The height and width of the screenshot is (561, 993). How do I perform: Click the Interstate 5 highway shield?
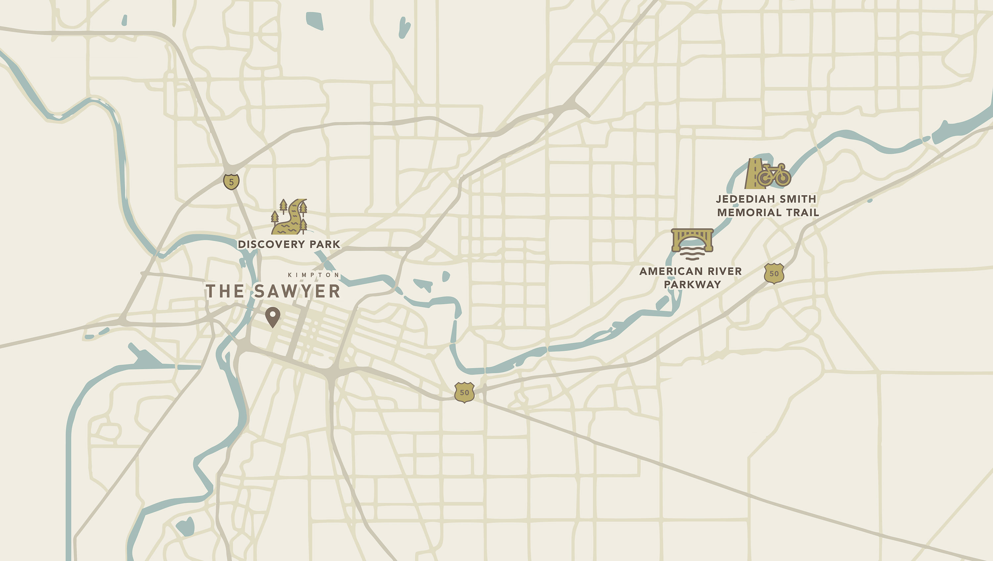[231, 181]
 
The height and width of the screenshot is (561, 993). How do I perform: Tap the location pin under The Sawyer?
[272, 317]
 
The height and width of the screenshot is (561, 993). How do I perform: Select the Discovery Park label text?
[289, 244]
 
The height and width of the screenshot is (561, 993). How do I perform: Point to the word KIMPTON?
[313, 275]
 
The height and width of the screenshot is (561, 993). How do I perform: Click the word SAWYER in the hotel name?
[297, 291]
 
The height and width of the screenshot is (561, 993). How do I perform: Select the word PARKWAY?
[692, 284]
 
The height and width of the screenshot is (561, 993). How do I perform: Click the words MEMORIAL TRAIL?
[768, 213]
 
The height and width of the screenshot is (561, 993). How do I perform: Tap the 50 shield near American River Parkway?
[774, 274]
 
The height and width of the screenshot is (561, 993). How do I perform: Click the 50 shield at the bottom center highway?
[464, 392]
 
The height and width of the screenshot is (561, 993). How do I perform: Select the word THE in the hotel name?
[225, 291]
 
